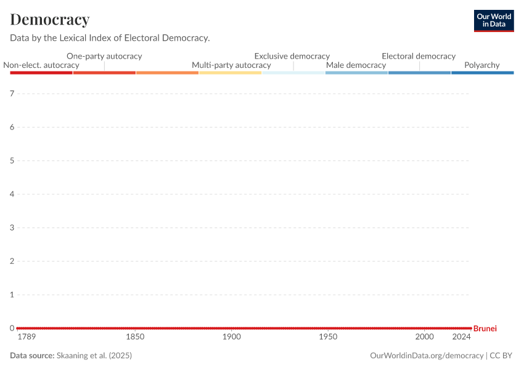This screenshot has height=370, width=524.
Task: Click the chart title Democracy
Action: click(x=50, y=20)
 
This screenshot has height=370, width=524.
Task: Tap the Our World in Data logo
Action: click(x=493, y=20)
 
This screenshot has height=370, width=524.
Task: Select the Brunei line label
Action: click(x=485, y=329)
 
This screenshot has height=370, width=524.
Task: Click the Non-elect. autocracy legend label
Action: click(x=41, y=65)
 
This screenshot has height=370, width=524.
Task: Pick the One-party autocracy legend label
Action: click(x=104, y=56)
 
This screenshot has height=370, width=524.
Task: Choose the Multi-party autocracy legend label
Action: click(x=231, y=65)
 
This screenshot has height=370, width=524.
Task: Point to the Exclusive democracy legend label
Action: click(x=292, y=56)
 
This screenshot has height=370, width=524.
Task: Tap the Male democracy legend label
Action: click(x=356, y=65)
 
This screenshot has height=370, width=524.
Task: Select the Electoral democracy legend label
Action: click(x=419, y=56)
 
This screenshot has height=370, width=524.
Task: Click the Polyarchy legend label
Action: click(x=482, y=65)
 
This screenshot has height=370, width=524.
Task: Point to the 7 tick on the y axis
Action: click(x=12, y=94)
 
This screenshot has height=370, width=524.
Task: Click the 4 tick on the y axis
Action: click(x=12, y=194)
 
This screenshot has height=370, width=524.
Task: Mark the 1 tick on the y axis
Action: click(x=12, y=295)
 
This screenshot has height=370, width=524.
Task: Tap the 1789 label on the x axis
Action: click(x=27, y=337)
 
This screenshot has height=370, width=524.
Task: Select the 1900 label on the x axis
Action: click(x=232, y=337)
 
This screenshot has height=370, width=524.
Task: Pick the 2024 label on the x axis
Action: click(x=462, y=337)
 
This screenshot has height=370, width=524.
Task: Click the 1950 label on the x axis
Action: click(x=328, y=337)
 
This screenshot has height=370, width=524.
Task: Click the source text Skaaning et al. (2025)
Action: click(x=94, y=356)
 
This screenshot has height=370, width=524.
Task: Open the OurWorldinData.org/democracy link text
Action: click(x=427, y=356)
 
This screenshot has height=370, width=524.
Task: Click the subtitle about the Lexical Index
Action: click(x=110, y=38)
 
